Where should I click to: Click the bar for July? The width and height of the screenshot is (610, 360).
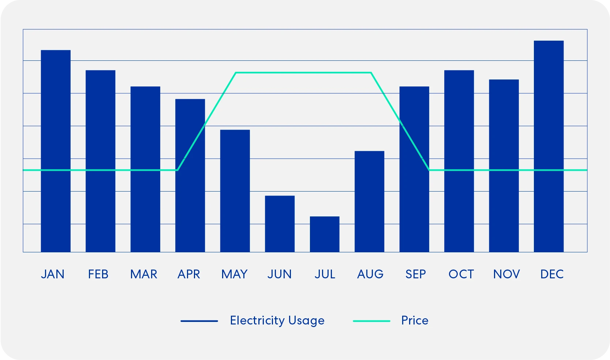click(325, 234)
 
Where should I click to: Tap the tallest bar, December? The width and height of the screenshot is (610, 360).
click(549, 146)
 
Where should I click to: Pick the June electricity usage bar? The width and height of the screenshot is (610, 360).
click(280, 224)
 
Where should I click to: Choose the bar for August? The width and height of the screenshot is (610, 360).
click(369, 201)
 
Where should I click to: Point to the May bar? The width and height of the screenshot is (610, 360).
click(235, 191)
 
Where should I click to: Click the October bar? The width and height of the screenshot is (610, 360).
click(459, 161)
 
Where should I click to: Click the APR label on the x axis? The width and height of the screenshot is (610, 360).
click(189, 274)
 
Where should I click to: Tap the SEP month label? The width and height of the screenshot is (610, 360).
click(416, 274)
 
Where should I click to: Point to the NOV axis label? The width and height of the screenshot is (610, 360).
click(506, 274)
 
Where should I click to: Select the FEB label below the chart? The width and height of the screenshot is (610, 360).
click(98, 274)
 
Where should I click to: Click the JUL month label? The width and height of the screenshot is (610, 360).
click(325, 274)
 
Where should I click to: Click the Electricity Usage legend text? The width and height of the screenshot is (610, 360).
click(277, 320)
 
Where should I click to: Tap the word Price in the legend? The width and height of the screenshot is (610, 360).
click(415, 320)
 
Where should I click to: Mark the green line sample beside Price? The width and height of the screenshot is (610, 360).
click(371, 321)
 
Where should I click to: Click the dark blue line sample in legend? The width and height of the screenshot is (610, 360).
click(199, 321)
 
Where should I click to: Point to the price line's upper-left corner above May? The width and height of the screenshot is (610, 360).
click(236, 73)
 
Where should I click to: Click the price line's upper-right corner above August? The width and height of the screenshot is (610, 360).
click(371, 73)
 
